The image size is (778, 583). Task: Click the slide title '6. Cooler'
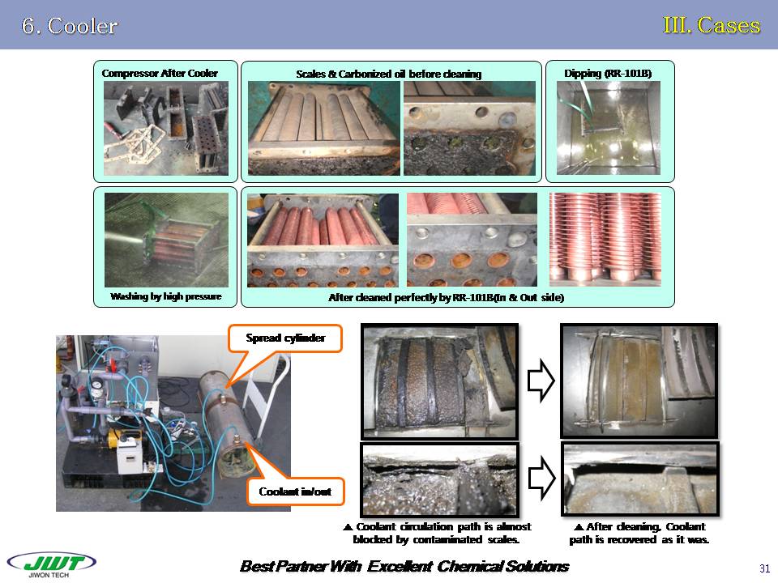[70, 26]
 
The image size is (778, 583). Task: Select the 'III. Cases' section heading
[712, 25]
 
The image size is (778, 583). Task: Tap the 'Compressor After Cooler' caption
[160, 74]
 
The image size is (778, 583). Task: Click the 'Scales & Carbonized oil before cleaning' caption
[389, 74]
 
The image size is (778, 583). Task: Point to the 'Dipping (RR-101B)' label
[608, 74]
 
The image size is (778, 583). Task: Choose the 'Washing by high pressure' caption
[165, 297]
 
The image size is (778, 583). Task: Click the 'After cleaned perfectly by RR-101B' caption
[446, 298]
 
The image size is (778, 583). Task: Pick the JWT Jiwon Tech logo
[50, 564]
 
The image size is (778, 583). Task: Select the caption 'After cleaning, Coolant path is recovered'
[639, 533]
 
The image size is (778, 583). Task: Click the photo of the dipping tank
[609, 127]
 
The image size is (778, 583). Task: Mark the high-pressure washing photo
[166, 240]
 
